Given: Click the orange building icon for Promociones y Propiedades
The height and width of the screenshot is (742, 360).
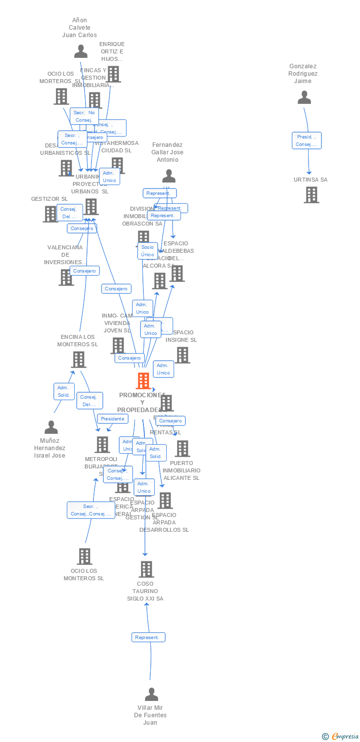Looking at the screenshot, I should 143,381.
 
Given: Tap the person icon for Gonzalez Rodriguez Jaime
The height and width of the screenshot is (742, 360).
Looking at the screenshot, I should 304,97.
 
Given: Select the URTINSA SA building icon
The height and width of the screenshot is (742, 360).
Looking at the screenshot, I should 311,195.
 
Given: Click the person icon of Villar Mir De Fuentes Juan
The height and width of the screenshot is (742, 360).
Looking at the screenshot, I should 151,694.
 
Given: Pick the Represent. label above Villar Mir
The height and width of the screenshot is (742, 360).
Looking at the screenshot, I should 148,637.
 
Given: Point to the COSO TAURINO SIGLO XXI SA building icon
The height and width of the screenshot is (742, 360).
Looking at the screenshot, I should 146,569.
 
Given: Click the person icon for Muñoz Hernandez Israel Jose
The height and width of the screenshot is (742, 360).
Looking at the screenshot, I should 51,427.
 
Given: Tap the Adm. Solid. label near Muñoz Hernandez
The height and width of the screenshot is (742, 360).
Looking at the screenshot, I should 64,391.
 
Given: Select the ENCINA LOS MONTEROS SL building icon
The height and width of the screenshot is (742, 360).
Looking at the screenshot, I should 79,360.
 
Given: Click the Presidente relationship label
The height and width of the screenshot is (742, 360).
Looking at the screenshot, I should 112,418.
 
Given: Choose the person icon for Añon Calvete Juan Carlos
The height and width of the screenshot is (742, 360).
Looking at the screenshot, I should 81,51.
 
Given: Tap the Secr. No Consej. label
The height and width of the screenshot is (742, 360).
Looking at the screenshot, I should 84,116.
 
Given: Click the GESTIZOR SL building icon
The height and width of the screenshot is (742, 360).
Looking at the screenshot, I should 50,214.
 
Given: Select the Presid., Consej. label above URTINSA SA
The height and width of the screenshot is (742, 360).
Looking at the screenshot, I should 307,140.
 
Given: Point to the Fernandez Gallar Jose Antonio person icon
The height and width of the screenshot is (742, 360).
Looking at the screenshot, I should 169,176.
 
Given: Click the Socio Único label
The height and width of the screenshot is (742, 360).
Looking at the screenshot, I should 147,251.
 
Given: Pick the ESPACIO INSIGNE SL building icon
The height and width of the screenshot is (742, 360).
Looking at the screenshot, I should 182,355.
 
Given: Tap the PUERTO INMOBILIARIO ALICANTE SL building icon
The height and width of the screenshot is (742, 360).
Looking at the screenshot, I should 182,449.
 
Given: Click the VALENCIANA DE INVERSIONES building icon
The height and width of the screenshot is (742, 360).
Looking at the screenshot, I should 66,278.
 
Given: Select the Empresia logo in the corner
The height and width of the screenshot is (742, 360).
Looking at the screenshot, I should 341,737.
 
